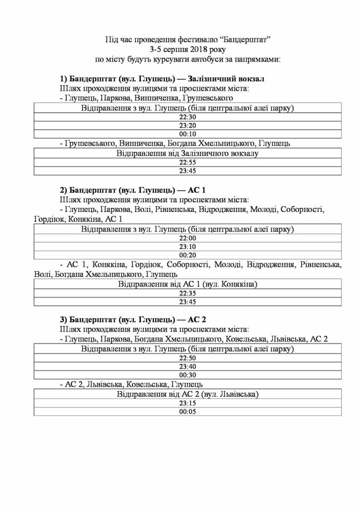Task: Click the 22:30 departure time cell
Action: [187, 117]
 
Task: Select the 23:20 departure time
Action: [187, 125]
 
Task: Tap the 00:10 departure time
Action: [187, 134]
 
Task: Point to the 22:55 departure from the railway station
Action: [187, 162]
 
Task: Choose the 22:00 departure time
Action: [187, 239]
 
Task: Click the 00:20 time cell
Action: [187, 255]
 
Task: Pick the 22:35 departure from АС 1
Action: [187, 293]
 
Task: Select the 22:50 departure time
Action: [187, 358]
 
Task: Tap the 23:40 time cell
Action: [187, 367]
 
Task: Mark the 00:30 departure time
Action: [187, 375]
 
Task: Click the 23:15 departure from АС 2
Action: [187, 403]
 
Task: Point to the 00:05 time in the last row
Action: [187, 411]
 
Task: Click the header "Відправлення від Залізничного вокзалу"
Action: [187, 154]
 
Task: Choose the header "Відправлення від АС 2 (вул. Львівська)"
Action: [187, 395]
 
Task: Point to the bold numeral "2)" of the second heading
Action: [63, 190]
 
